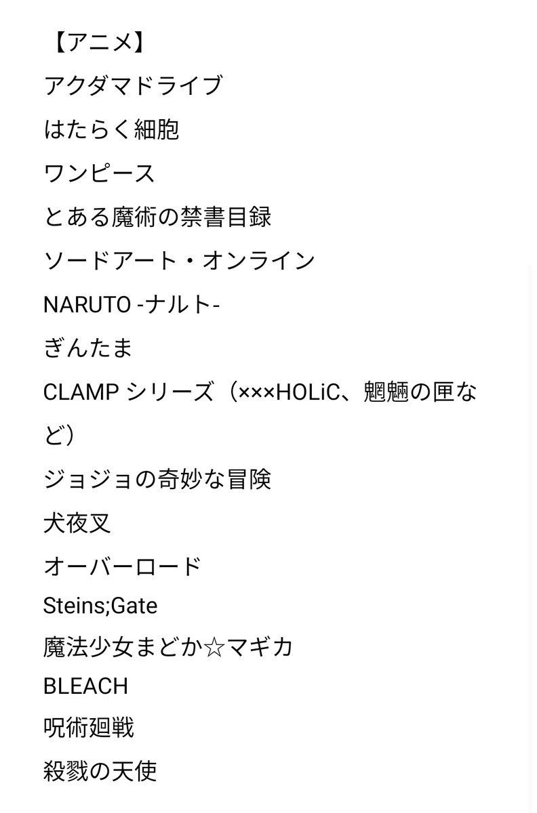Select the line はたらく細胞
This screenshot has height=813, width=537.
pos(111,129)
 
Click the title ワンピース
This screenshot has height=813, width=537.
pos(100,173)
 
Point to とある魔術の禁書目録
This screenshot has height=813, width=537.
pos(157,217)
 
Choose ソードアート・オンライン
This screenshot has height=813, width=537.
pos(179,261)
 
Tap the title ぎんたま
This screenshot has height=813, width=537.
pos(87,348)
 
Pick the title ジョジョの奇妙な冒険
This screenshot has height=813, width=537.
pos(157,480)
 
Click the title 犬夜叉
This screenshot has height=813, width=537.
pos(77,524)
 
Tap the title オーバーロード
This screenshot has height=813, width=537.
pos(122,567)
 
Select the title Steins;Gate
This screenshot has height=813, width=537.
pos(100,605)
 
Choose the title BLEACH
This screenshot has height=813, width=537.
pos(85,686)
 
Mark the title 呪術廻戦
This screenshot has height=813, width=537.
pos(88,728)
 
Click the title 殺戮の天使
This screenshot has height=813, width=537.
pos(100,772)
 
